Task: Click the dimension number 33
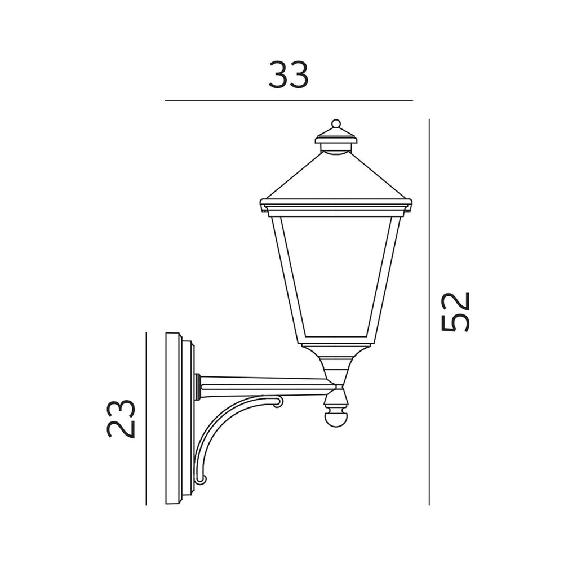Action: (288, 76)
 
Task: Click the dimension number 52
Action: (455, 312)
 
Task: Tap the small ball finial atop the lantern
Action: (336, 123)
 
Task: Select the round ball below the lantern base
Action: (336, 419)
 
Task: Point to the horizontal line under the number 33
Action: (288, 100)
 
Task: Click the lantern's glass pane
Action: (336, 276)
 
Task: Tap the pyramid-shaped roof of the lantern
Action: (336, 177)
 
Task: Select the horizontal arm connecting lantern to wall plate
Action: (265, 383)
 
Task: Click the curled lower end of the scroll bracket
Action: (201, 479)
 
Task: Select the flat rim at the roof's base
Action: (336, 205)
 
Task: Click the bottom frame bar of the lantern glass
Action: (336, 342)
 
